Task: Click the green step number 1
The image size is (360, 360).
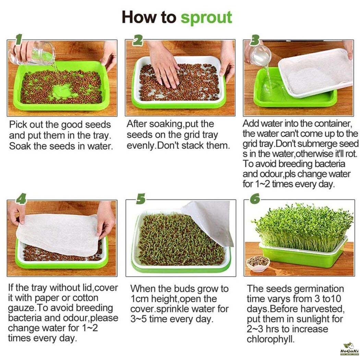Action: [x=19, y=39]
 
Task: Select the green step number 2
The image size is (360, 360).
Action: [x=138, y=40]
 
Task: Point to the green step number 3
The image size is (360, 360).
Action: [x=254, y=40]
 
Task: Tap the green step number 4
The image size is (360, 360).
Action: [x=21, y=199]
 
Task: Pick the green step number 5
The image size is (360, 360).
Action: [x=141, y=199]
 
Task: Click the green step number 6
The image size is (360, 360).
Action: [x=255, y=199]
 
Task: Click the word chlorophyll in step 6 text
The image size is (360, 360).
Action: [x=271, y=339]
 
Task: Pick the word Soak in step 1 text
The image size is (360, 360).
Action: [x=20, y=146]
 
